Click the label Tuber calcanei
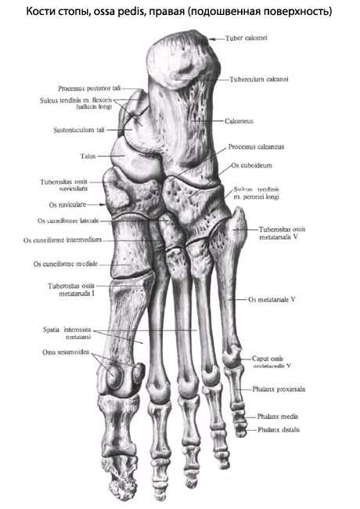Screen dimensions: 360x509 [x=247, y=38]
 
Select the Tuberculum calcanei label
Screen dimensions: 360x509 [x=259, y=79]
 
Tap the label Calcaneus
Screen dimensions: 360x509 [x=239, y=121]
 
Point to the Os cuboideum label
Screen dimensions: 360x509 [x=252, y=165]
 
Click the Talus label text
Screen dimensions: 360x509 [x=88, y=156]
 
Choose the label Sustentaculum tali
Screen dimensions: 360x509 [x=79, y=130]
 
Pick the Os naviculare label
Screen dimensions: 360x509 [x=67, y=205]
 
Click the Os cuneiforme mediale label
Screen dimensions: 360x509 [x=66, y=264]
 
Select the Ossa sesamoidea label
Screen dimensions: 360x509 [x=66, y=352]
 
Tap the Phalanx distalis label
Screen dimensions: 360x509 [x=279, y=430]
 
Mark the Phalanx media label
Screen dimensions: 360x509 [x=278, y=417]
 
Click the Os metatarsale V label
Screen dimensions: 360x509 [x=272, y=300]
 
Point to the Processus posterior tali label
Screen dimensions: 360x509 [x=89, y=88]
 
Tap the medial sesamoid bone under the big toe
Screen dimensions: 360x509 [x=114, y=377]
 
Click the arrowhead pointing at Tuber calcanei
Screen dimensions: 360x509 [x=211, y=39]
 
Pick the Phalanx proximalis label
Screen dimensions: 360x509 [x=279, y=389]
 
